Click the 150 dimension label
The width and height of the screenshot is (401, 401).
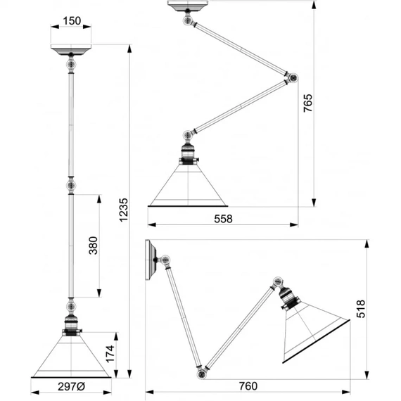(x=72, y=20)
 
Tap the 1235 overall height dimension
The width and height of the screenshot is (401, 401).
(x=124, y=210)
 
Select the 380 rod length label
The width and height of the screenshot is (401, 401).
(x=94, y=246)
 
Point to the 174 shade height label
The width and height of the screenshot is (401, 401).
(x=110, y=354)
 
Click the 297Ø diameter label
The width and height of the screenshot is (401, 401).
(x=71, y=387)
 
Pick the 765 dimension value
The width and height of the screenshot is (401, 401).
(x=308, y=103)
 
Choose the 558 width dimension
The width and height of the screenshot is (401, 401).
(x=223, y=219)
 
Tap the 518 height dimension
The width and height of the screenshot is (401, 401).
(x=361, y=309)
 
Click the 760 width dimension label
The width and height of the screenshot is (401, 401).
(x=248, y=386)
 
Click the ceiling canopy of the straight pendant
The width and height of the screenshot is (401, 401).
(x=71, y=49)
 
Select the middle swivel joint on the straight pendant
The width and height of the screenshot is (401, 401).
(x=71, y=186)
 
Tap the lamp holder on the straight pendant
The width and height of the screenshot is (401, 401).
(x=71, y=325)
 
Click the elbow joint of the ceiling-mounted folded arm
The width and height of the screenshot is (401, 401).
(x=293, y=77)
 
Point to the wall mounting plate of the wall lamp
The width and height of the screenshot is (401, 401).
(x=151, y=260)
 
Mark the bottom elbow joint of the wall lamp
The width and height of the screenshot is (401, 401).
(x=201, y=374)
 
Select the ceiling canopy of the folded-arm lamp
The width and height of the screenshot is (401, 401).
(x=188, y=6)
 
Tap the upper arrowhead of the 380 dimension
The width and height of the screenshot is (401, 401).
(x=99, y=199)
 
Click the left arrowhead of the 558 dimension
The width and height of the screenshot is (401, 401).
(x=152, y=225)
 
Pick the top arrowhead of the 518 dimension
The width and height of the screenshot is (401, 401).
(x=367, y=244)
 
